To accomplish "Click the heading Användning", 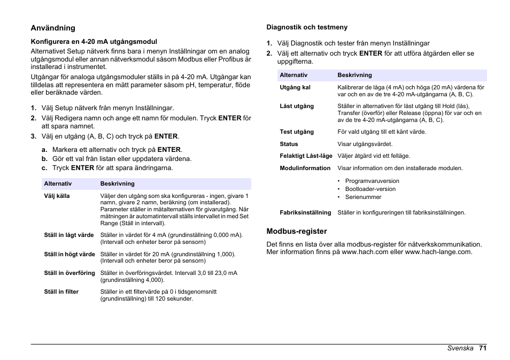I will [x=53, y=28].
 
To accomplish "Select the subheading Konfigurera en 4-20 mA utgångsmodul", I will [x=94, y=41].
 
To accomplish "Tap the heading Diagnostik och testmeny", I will [x=307, y=27].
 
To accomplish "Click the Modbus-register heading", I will [x=297, y=232].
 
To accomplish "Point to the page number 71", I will [x=483, y=348].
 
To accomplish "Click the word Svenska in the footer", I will [x=460, y=348].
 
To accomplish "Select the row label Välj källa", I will [x=57, y=196].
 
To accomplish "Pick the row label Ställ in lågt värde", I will [x=69, y=235].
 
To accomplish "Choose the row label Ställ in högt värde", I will [x=69, y=254].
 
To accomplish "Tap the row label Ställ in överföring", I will [x=69, y=273].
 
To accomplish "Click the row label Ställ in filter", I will [x=61, y=292].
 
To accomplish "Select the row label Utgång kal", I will [x=295, y=87].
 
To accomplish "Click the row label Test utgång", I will [x=297, y=132].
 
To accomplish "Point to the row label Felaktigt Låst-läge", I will [x=306, y=156].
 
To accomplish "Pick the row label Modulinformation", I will [x=305, y=168].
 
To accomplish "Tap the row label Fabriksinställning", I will [x=305, y=212].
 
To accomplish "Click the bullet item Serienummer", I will [x=363, y=197].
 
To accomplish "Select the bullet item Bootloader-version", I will [x=370, y=189].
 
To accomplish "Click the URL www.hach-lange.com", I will [x=438, y=252].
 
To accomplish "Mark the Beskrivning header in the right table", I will [x=354, y=75].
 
